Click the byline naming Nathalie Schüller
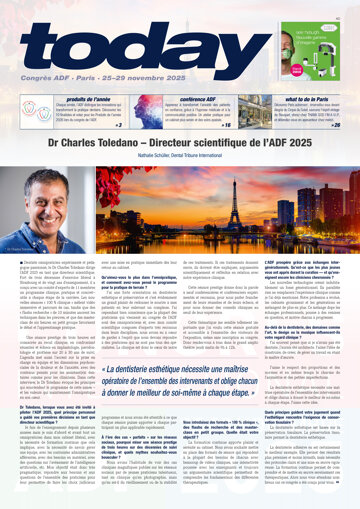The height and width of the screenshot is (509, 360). tap(180, 158)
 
